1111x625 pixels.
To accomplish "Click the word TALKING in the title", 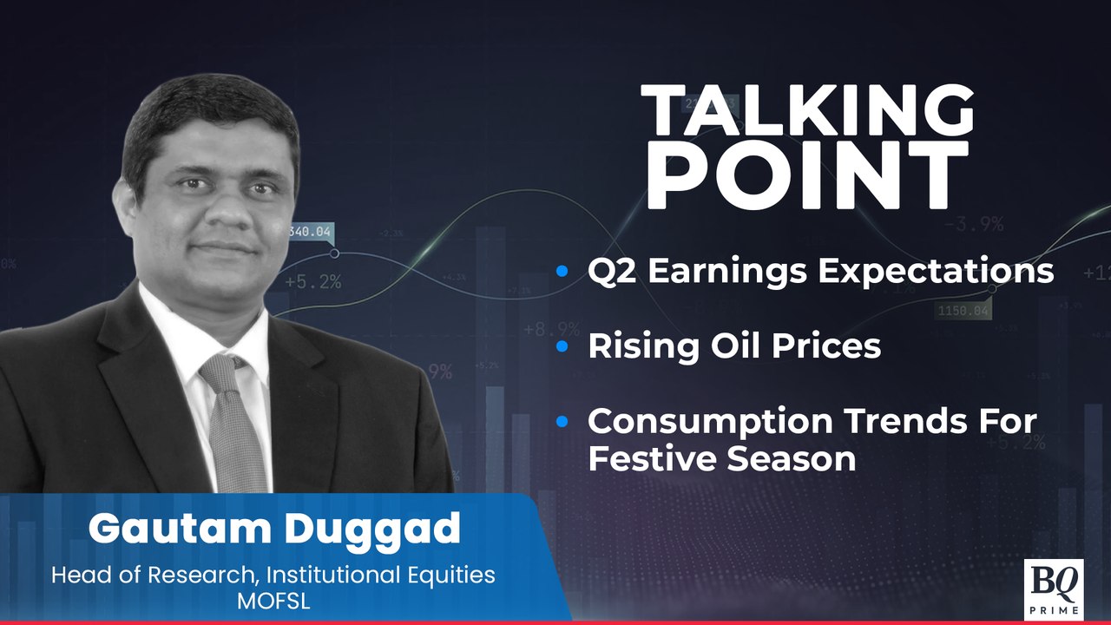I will (x=807, y=114).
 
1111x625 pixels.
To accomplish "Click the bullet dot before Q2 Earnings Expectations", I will (x=562, y=273).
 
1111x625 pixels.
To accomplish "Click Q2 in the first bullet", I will (x=612, y=272).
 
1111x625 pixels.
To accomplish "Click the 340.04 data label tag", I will (x=310, y=231).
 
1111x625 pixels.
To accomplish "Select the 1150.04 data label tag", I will (x=963, y=310).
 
